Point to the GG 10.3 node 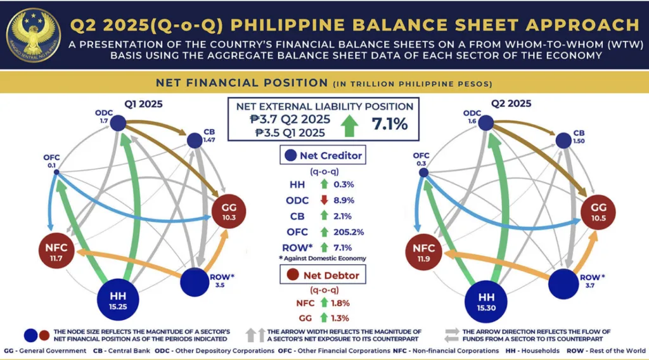pos(228,211)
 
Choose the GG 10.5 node pos(598,212)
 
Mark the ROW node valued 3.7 pos(567,281)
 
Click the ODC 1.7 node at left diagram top pos(117,124)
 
